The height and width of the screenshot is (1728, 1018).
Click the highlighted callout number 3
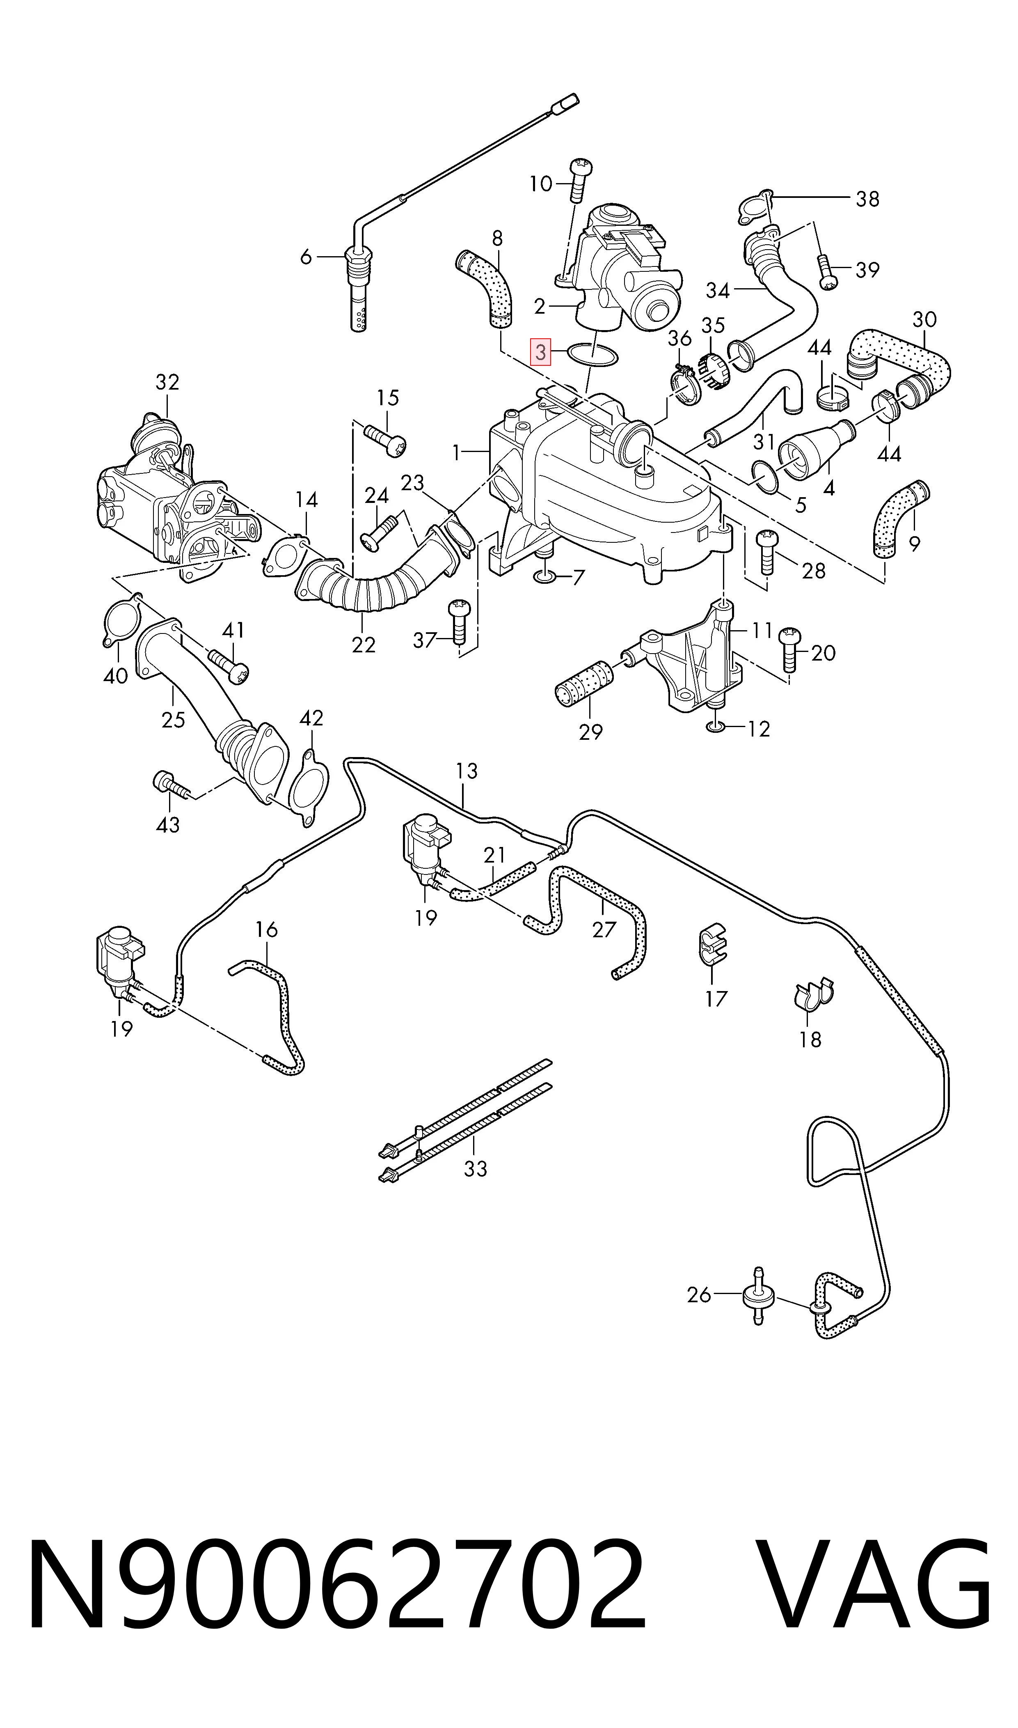point(541,353)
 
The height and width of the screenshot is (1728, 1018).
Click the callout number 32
point(167,382)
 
